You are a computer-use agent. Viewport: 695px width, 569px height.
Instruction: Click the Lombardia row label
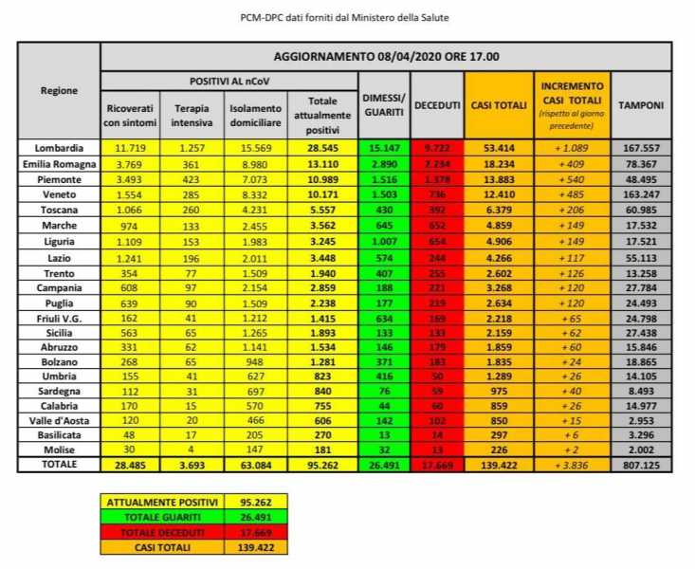59,148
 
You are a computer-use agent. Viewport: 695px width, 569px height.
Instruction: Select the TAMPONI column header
642,104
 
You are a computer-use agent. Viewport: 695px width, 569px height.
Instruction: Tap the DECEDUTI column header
437,104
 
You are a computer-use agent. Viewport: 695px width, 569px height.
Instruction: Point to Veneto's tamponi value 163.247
642,193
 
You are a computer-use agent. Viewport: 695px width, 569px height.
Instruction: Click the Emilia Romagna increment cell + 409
572,163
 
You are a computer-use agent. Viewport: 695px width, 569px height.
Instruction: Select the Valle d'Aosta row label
59,418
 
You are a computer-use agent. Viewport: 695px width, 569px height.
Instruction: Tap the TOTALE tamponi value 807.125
642,465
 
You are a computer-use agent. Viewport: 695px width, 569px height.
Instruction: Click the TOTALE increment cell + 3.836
572,465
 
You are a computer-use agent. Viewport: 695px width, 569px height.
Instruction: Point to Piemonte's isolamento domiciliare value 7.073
254,178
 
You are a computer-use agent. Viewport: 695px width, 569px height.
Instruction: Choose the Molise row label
59,450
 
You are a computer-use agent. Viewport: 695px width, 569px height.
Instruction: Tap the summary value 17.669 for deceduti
254,532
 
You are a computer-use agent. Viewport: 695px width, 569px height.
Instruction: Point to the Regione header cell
59,91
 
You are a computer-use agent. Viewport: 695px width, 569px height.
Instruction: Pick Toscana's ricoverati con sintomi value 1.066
129,209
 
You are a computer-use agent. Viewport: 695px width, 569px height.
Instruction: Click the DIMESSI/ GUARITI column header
384,104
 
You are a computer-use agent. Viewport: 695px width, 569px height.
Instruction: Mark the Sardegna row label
59,388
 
